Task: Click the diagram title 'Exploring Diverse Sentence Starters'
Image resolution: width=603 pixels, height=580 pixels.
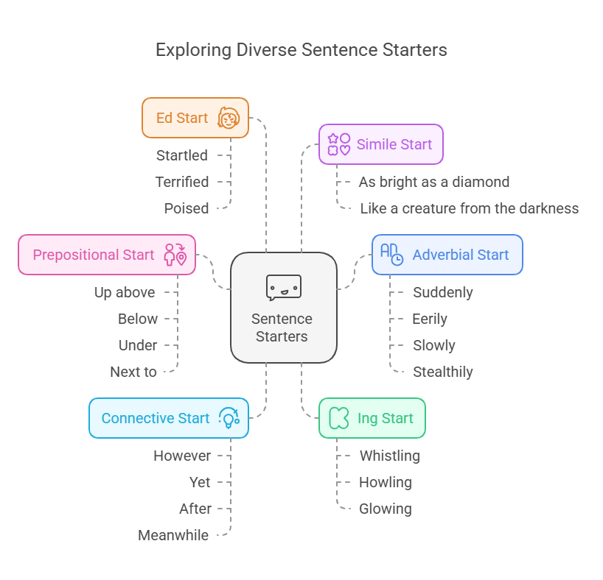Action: pos(301,50)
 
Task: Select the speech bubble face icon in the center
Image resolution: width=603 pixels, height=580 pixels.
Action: pos(283,287)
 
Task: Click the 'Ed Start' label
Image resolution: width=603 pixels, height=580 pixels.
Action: pos(182,118)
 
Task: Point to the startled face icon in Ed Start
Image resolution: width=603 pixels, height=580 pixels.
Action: pos(229,118)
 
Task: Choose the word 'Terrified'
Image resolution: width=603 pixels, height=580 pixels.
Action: pos(181,182)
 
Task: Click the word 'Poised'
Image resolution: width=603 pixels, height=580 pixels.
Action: pos(186,208)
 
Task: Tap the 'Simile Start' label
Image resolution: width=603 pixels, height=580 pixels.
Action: pos(394,144)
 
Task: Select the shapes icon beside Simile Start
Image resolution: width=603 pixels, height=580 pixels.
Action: pos(338,144)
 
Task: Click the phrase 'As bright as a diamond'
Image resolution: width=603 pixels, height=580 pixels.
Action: pos(433,182)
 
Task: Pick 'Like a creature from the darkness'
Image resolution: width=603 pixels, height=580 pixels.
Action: pos(469,208)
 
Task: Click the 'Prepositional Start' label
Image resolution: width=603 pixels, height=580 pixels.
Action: pos(94,255)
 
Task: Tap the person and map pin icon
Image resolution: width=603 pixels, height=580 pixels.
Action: pos(175,255)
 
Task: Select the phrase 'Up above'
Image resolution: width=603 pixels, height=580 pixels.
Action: pos(125,292)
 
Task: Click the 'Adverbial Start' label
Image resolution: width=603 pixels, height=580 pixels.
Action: pos(460,255)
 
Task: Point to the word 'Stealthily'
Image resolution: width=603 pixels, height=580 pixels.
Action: pos(442,372)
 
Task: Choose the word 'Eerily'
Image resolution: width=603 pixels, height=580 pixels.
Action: pos(430,319)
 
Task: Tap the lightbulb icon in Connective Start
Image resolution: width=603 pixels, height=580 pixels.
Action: pos(229,418)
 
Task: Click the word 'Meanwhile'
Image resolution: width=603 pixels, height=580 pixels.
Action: pos(173,535)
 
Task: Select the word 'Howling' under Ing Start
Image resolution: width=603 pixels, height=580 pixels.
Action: pos(385,482)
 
